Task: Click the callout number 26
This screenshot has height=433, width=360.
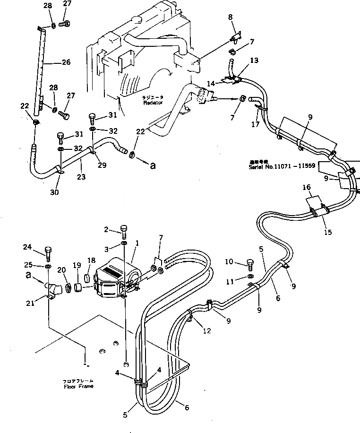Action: tap(66, 61)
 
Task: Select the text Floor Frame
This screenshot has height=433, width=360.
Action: tap(78, 386)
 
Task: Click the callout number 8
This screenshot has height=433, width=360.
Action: tap(231, 17)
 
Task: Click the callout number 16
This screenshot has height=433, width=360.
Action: tap(308, 188)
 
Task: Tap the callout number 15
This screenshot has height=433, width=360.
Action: tap(327, 232)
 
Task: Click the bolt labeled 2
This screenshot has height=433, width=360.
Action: tap(124, 230)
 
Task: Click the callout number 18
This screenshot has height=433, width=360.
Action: tap(92, 260)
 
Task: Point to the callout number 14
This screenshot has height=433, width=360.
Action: tap(211, 84)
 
